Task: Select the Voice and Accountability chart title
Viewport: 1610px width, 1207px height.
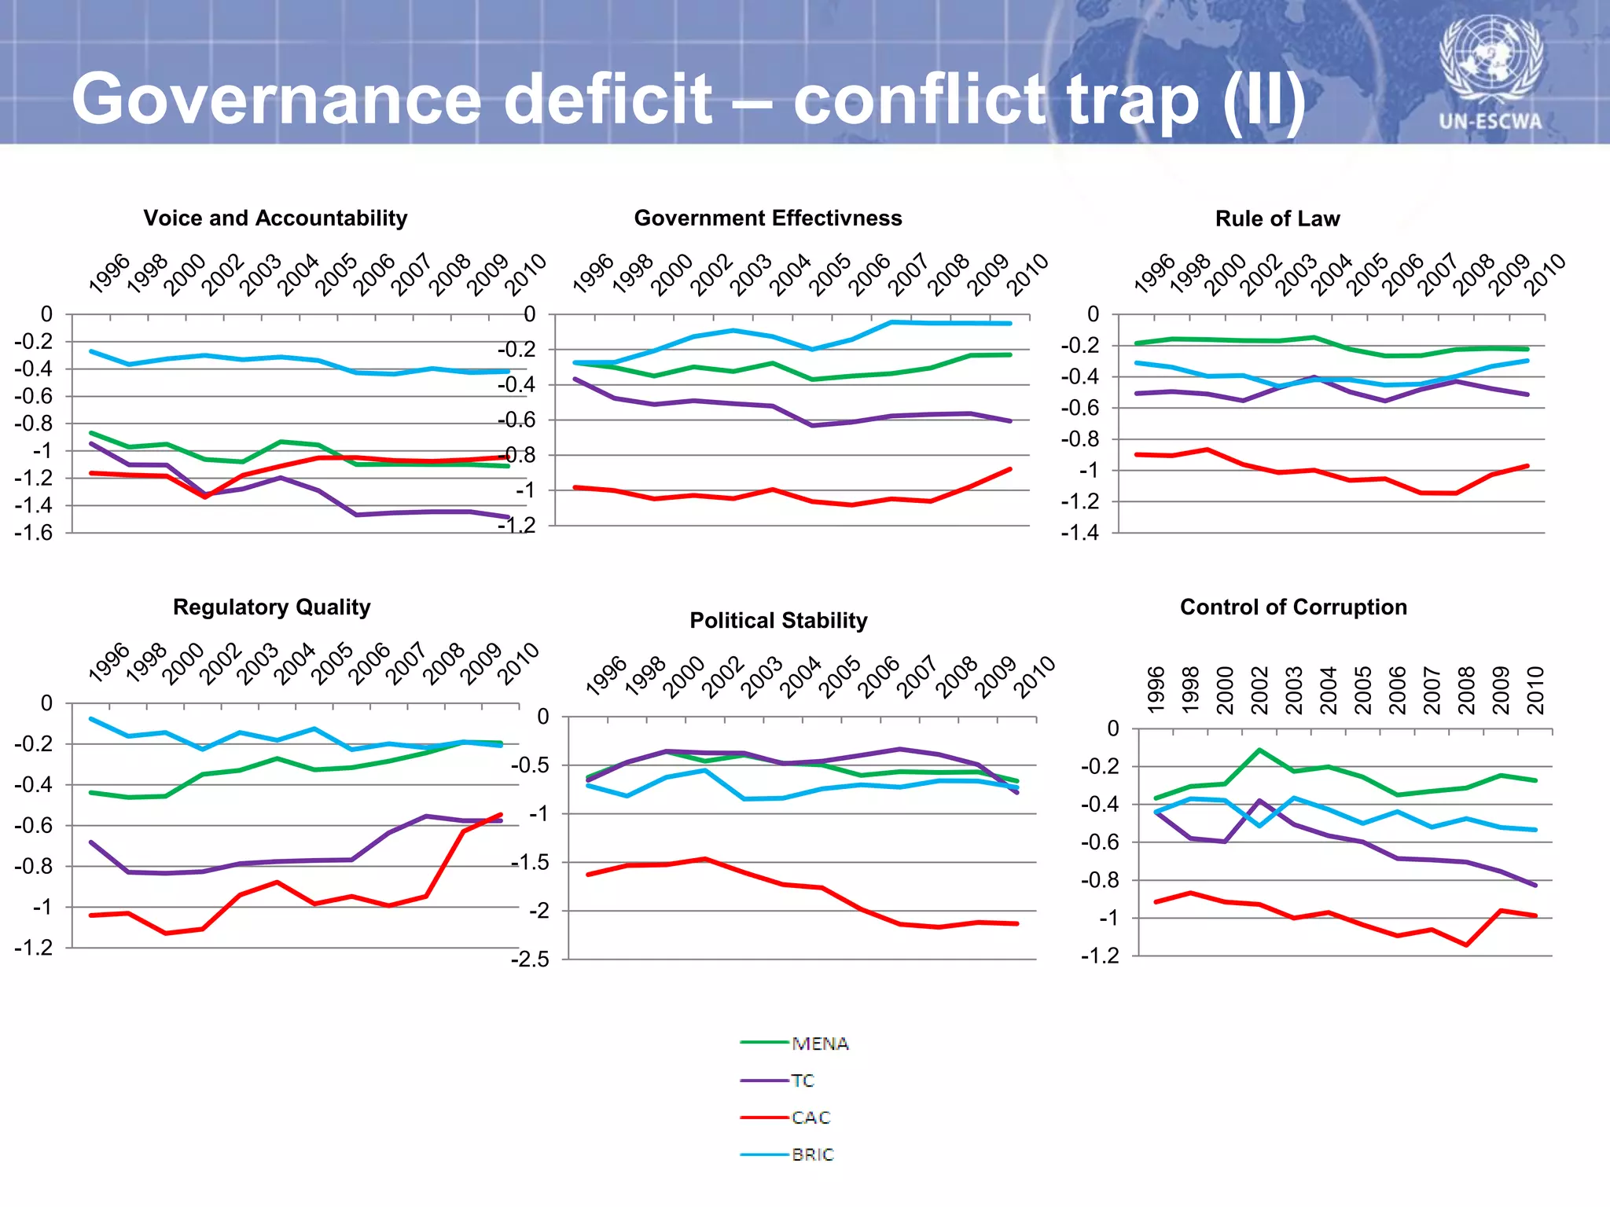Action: click(275, 218)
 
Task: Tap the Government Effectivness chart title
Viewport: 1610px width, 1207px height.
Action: click(768, 218)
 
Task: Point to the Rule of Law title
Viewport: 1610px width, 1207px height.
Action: click(1277, 218)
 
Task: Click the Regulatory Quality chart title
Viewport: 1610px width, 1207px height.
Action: click(271, 607)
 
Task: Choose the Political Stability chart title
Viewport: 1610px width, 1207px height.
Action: click(778, 620)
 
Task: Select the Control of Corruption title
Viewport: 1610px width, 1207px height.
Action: click(1293, 607)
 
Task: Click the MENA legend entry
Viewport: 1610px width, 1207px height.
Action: click(820, 1044)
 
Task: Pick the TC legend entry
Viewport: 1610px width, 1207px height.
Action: click(803, 1080)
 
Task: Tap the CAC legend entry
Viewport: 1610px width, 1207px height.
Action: click(811, 1117)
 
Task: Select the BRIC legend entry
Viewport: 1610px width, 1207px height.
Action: click(812, 1154)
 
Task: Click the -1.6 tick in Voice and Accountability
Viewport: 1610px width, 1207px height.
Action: click(33, 533)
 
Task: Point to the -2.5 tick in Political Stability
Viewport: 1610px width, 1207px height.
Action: click(530, 959)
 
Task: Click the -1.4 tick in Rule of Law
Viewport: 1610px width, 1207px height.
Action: click(1079, 533)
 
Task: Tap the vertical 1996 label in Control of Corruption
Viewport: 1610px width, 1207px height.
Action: click(1155, 689)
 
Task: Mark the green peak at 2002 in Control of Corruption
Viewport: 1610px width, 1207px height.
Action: click(1259, 750)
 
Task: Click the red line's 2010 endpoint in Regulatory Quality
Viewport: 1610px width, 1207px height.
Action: click(501, 815)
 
